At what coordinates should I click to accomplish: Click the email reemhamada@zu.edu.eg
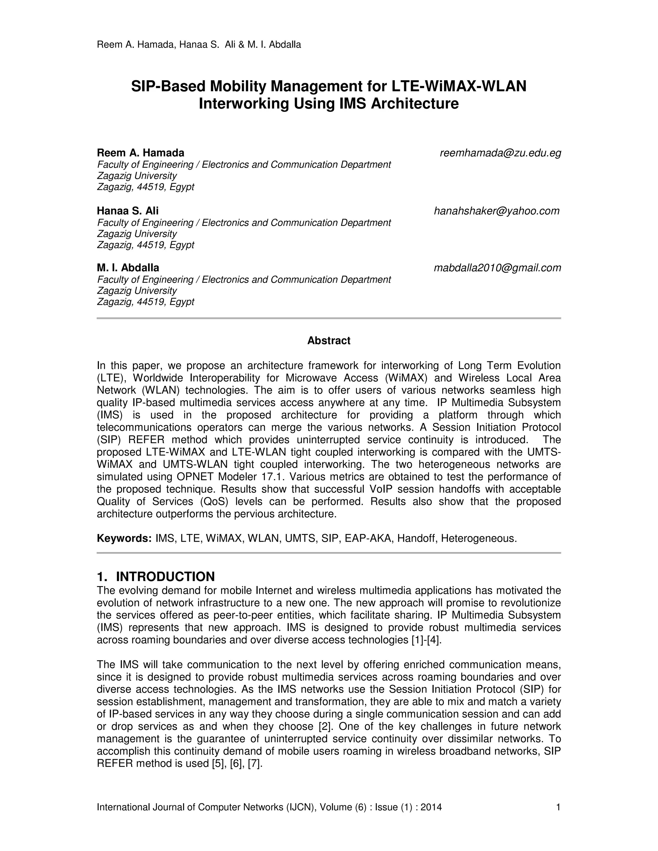(x=500, y=153)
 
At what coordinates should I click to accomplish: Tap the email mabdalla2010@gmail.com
(x=497, y=268)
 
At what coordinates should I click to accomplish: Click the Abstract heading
(x=329, y=340)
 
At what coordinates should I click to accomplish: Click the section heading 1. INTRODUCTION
(x=156, y=576)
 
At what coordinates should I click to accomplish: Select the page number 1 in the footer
(x=558, y=807)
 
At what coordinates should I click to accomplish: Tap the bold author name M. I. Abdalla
(x=128, y=268)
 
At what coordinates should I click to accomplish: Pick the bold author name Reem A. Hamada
(x=140, y=153)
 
